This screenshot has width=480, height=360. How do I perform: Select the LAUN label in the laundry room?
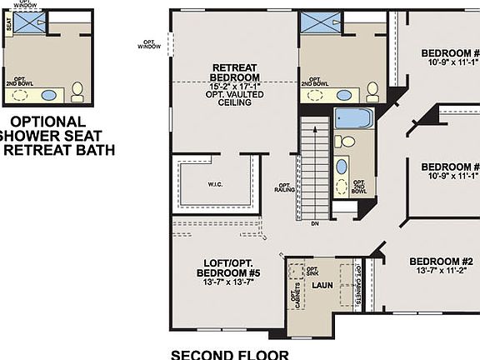click(322, 285)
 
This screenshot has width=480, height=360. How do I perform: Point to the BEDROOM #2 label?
click(432, 261)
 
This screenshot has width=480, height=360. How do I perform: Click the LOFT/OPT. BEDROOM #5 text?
click(224, 267)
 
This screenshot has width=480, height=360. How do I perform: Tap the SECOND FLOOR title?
click(229, 354)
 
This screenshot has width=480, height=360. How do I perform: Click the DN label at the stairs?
click(314, 223)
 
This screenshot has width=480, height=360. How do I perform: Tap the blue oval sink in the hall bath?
click(342, 166)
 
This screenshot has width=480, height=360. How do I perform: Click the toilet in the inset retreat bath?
click(77, 90)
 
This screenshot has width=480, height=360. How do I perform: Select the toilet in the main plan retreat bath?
click(372, 88)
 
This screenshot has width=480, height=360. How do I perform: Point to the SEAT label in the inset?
click(8, 26)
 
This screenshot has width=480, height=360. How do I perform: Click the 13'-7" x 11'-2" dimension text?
click(432, 270)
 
